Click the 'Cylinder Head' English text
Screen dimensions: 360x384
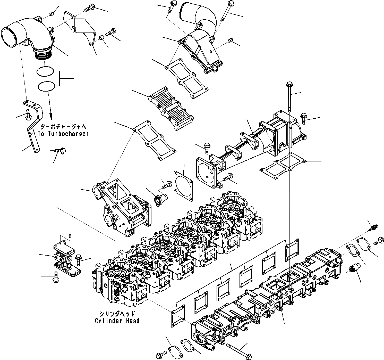pos(117,321)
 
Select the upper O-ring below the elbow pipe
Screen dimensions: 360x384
pos(45,71)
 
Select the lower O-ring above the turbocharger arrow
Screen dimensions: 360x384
pos(46,86)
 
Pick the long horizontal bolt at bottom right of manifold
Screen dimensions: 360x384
pos(237,351)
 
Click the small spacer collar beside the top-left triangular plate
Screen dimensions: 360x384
pos(102,38)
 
